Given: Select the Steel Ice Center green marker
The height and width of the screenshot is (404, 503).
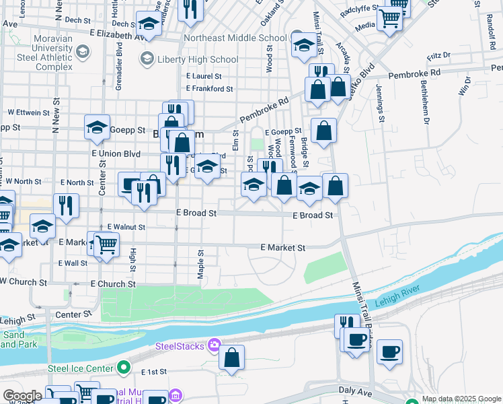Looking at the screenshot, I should tap(122, 368).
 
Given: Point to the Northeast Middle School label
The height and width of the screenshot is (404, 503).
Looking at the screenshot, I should tap(235, 38).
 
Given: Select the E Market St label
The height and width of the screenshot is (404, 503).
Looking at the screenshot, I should tap(282, 248).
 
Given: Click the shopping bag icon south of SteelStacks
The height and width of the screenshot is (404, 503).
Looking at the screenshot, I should tap(231, 360).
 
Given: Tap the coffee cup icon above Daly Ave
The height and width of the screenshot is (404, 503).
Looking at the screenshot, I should tap(389, 351).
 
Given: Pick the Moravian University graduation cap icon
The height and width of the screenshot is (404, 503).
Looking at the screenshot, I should tap(83, 51).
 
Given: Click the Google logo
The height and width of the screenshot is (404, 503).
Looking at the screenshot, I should tap(22, 396).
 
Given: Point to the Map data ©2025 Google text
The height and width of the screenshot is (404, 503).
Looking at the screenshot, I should tap(461, 399).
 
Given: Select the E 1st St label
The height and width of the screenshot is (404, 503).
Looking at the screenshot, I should tap(153, 372).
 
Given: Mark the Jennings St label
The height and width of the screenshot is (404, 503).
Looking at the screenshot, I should tap(380, 100).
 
